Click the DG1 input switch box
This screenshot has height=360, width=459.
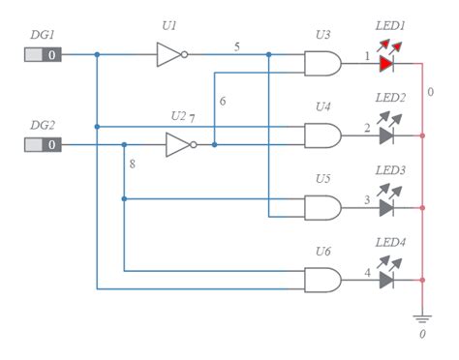(x=44, y=54)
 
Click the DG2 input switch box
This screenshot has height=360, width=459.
(x=44, y=144)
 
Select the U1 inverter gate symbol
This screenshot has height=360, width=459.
(x=169, y=54)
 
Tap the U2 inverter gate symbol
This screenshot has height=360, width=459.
(x=179, y=144)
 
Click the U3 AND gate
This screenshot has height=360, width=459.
(x=322, y=63)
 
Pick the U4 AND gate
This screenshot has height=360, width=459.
(x=322, y=135)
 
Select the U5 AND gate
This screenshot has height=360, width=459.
(x=322, y=207)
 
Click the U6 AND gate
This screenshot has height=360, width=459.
(x=322, y=280)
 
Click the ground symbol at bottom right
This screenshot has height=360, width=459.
(x=422, y=316)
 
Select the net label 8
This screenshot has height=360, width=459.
(x=132, y=165)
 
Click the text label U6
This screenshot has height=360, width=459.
(x=322, y=251)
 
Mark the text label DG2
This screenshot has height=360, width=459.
(x=42, y=125)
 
